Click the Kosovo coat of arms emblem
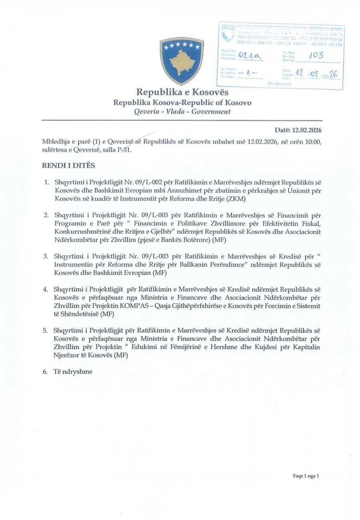click(x=182, y=60)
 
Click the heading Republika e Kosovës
click(x=182, y=92)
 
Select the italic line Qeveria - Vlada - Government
click(x=182, y=112)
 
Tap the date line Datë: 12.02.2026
click(x=298, y=130)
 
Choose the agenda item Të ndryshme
click(x=73, y=372)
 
